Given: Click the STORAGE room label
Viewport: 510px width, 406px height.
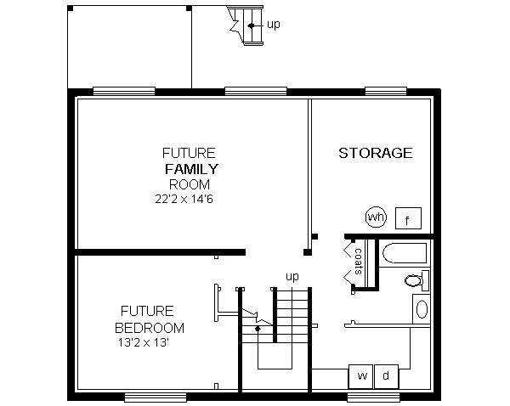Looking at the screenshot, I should pos(375,153).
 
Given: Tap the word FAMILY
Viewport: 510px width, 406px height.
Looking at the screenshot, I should pos(190,169).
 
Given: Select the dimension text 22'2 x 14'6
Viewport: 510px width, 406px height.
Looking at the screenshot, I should pos(188,199).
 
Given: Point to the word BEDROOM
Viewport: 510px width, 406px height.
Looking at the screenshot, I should pos(150,328).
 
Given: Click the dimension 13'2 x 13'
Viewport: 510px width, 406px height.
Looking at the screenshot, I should pos(145,344).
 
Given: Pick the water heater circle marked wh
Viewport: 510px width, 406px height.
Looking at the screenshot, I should pos(376,217).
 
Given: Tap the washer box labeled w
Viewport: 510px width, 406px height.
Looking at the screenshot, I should pos(361,375).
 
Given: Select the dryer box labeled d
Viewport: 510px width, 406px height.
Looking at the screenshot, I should pos(385,375).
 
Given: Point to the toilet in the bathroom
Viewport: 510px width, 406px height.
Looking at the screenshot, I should pos(416,279).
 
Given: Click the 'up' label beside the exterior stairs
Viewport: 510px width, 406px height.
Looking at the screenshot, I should pos(274,25).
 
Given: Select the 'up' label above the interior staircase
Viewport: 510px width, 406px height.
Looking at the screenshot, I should pos(292,276).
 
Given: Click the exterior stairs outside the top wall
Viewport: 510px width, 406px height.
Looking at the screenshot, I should pos(246,26).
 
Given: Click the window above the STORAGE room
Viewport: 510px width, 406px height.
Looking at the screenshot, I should pos(384,91).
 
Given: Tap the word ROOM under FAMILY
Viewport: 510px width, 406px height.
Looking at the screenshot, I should pos(190,183).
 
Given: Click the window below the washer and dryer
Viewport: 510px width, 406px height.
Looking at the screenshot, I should pos(372,397).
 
